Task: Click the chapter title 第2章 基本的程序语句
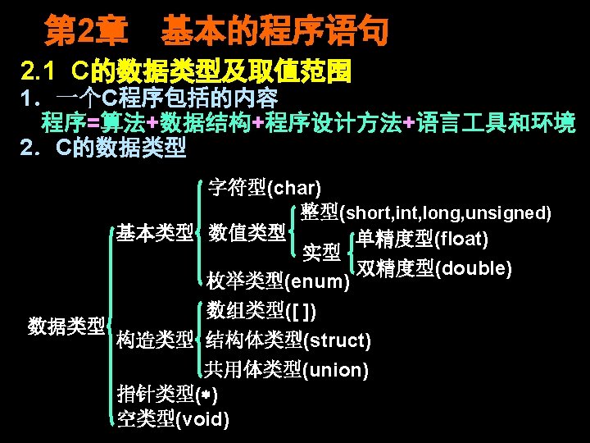coord(216,33)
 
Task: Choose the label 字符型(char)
coord(264,188)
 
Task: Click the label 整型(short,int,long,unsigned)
coord(425,212)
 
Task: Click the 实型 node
coord(322,252)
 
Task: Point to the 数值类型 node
coord(246,233)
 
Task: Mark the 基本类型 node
coord(153,233)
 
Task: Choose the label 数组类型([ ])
coord(261,311)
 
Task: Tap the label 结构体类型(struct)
coord(288,340)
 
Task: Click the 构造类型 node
coord(155,340)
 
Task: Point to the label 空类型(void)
coord(173,419)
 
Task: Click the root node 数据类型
coord(66,326)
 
